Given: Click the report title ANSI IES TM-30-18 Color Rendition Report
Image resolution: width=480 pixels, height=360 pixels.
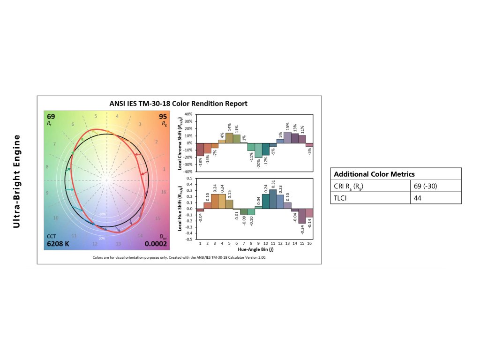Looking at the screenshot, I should click(180, 103).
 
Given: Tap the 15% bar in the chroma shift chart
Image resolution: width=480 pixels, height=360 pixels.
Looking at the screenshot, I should click(287, 137).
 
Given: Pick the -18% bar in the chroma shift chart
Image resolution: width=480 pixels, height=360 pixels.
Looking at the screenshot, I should click(200, 149).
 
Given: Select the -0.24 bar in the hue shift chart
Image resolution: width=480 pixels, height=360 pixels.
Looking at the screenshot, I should click(302, 216).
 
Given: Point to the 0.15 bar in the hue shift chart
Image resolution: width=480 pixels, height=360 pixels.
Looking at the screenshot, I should click(229, 204).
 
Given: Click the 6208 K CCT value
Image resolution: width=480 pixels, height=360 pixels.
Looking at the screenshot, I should click(58, 244).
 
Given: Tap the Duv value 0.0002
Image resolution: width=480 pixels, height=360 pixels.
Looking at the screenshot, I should click(156, 244).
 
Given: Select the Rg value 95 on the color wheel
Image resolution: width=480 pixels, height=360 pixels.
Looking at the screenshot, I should click(163, 116).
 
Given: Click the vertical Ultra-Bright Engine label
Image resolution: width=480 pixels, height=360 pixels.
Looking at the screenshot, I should click(16, 181).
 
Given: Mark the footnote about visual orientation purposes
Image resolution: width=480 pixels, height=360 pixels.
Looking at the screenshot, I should click(179, 258).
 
